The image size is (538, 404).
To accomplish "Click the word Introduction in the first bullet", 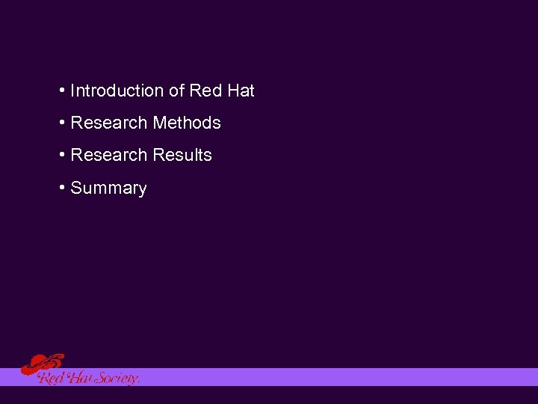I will [x=117, y=91].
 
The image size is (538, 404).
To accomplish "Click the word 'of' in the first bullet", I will [x=176, y=91].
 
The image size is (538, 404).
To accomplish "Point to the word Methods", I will [x=187, y=123].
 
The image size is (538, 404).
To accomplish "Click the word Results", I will [x=182, y=156].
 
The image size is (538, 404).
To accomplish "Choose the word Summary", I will [x=108, y=189].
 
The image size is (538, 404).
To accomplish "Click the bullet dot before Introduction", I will [x=61, y=91].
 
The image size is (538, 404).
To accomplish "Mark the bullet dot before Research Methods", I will [x=61, y=123].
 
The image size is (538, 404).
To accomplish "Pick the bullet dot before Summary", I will [x=61, y=188].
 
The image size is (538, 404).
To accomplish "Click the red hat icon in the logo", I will [x=41, y=364].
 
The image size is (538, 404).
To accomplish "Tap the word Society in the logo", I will [x=118, y=379].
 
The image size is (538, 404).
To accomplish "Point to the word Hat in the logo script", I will [x=79, y=379].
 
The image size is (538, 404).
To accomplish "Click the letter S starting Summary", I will [x=75, y=189].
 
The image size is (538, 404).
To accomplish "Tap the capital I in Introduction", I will [x=72, y=91].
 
